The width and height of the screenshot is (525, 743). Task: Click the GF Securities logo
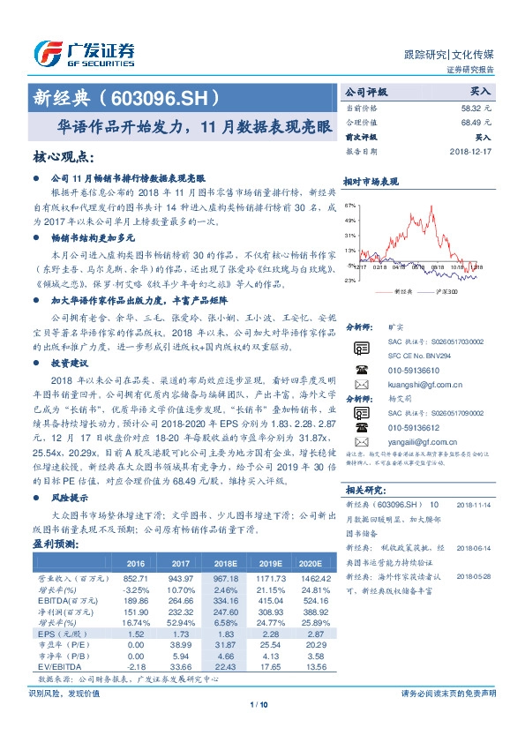click(83, 53)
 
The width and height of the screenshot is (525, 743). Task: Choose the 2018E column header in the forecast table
click(226, 563)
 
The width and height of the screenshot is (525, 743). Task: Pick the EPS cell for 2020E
click(312, 634)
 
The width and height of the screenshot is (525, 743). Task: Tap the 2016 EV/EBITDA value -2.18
click(136, 666)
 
